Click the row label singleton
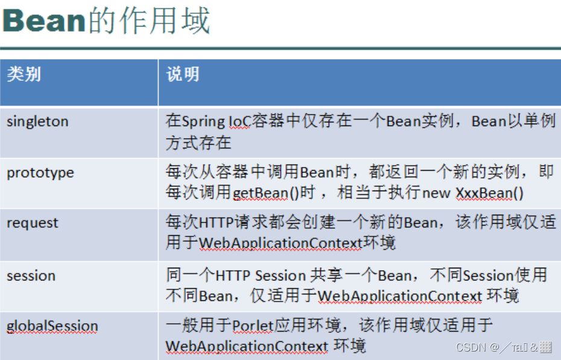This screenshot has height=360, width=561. (37, 121)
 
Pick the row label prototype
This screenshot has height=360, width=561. (40, 172)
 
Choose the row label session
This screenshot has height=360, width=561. (31, 276)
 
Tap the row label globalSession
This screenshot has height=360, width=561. (52, 326)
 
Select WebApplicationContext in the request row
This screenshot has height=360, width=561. (280, 243)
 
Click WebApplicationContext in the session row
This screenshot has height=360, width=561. (399, 296)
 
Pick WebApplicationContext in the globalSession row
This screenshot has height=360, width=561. (247, 346)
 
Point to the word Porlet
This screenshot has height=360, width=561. (253, 326)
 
